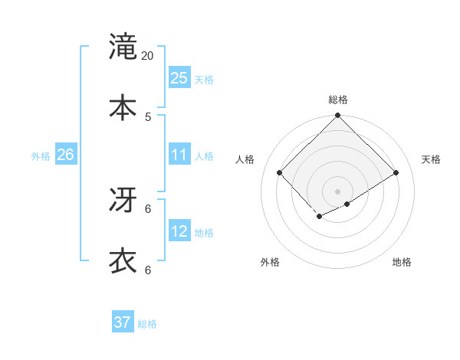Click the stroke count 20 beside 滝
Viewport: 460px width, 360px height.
pyautogui.click(x=148, y=56)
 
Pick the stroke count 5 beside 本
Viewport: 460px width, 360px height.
pyautogui.click(x=148, y=117)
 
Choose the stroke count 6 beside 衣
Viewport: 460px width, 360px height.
pyautogui.click(x=148, y=270)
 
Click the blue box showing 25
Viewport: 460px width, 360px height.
pyautogui.click(x=179, y=78)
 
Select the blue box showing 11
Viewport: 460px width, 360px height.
pyautogui.click(x=179, y=155)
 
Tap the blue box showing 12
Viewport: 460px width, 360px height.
pyautogui.click(x=179, y=231)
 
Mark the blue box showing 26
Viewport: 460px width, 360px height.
pyautogui.click(x=65, y=155)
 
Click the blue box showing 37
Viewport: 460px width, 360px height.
pyautogui.click(x=123, y=322)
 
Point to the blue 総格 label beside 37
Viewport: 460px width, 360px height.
pyautogui.click(x=147, y=324)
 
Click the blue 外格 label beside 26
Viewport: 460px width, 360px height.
pyautogui.click(x=41, y=156)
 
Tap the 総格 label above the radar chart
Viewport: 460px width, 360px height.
pyautogui.click(x=337, y=100)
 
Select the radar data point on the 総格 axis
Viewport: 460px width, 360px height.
pyautogui.click(x=337, y=116)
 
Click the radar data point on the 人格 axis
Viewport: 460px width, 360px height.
pyautogui.click(x=280, y=173)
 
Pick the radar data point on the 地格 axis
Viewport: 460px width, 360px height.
pyautogui.click(x=347, y=204)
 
